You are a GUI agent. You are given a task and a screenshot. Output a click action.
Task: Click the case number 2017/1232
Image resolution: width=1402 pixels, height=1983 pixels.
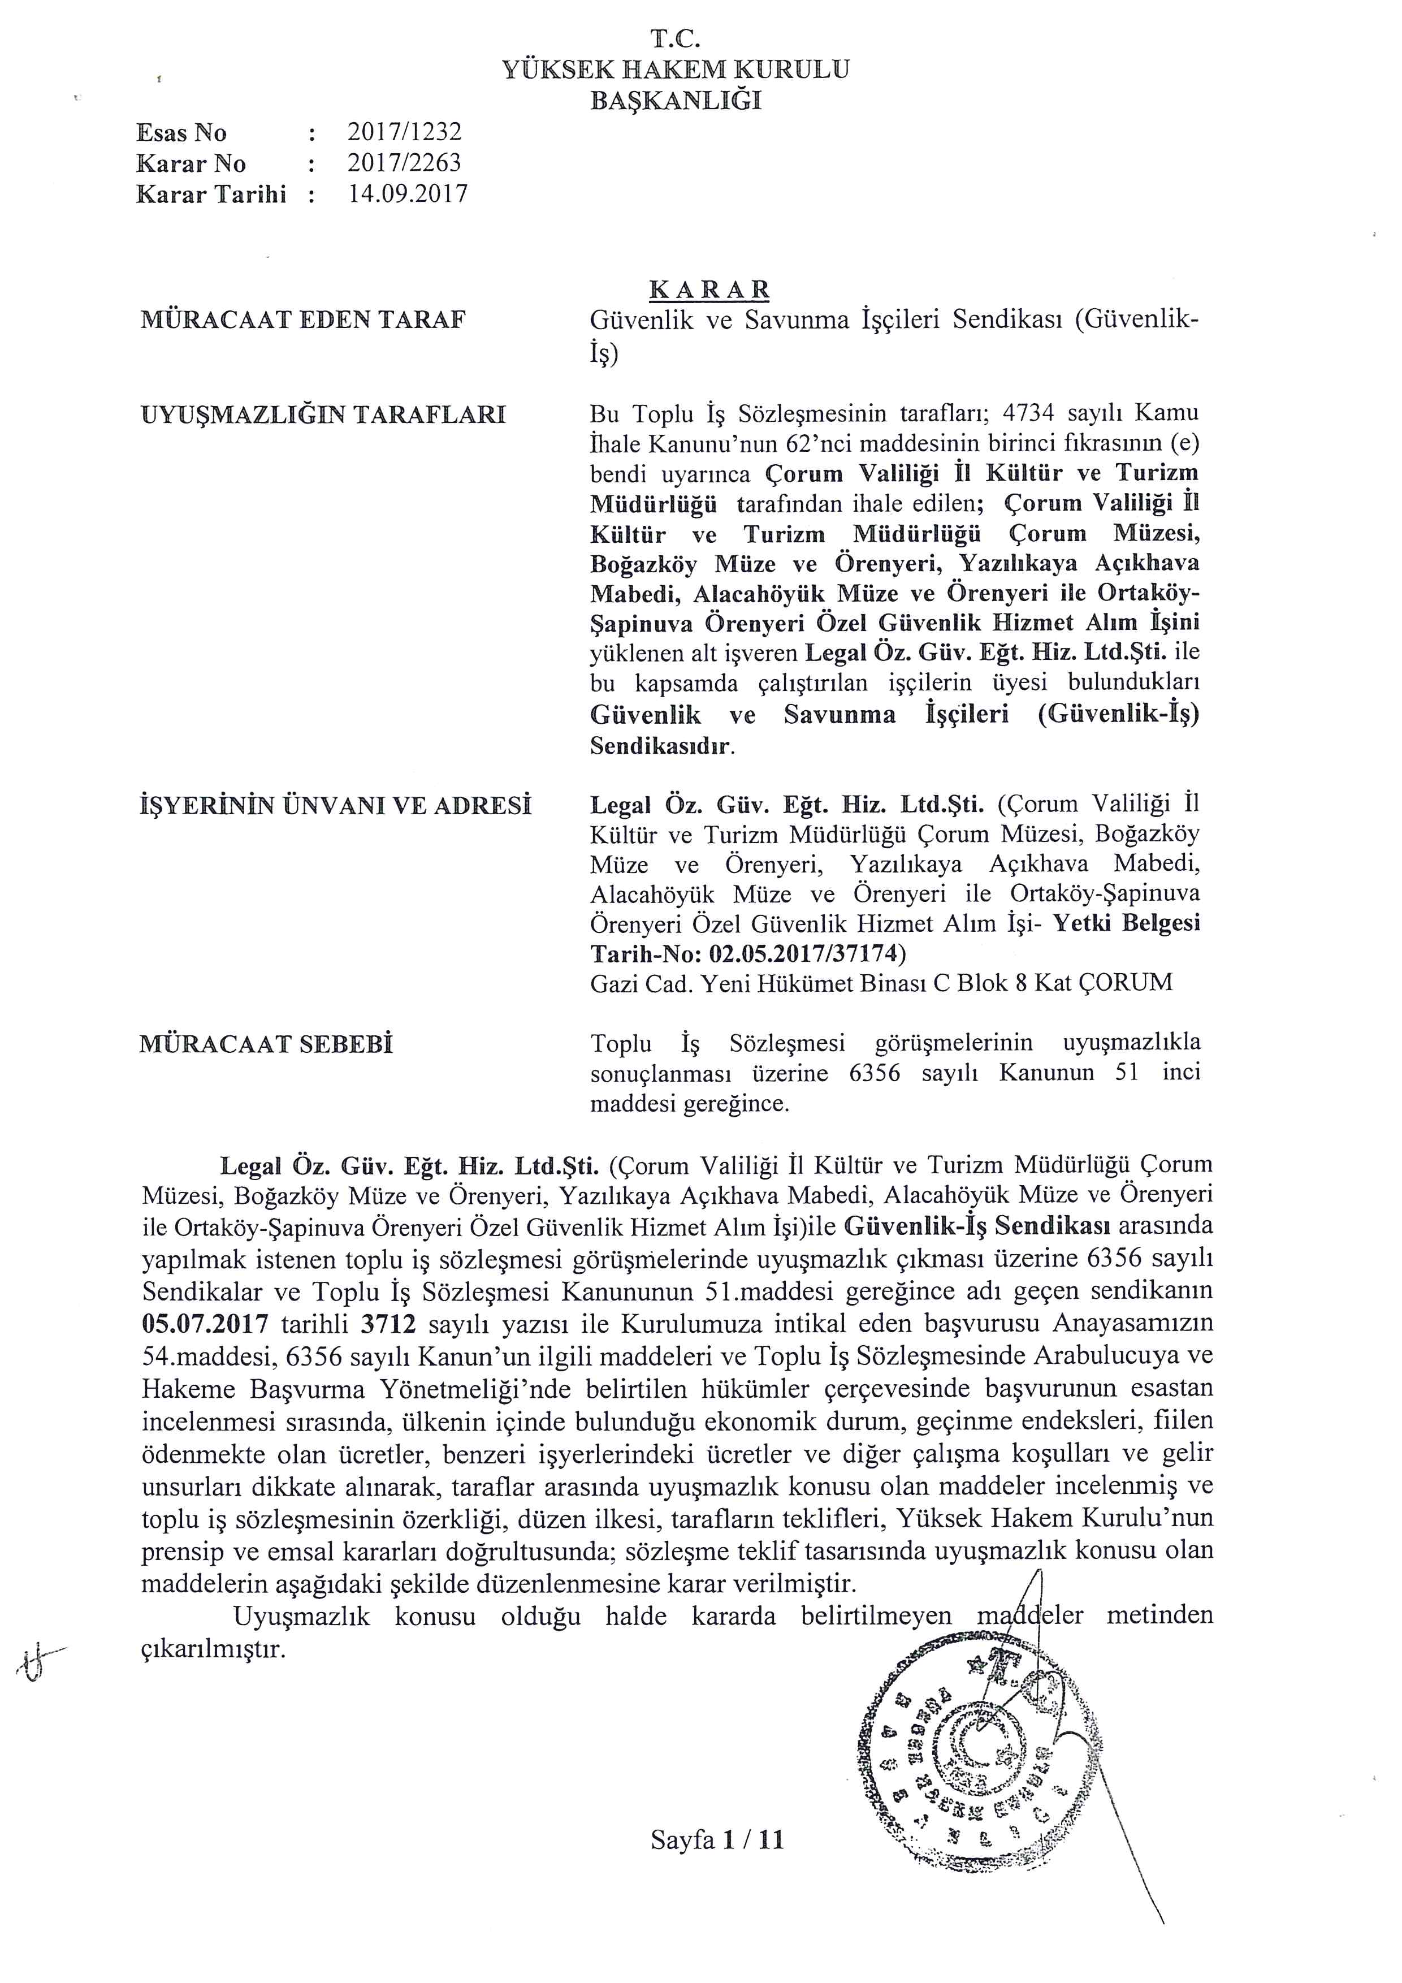(x=404, y=132)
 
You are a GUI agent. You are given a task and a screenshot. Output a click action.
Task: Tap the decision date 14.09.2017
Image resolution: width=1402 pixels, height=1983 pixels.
(x=408, y=193)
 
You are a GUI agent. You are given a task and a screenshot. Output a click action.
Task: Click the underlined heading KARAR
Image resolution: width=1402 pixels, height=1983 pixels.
(x=709, y=288)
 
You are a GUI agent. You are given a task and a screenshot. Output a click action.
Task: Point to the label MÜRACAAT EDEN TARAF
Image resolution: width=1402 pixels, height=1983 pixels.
(x=303, y=321)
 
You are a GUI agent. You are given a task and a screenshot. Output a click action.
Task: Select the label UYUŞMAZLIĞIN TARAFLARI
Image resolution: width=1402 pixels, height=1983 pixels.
(x=323, y=416)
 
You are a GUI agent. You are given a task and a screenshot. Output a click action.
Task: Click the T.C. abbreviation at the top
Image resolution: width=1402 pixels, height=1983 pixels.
(x=675, y=39)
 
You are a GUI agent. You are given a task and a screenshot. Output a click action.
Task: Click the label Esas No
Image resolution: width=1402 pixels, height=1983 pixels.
(x=181, y=132)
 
